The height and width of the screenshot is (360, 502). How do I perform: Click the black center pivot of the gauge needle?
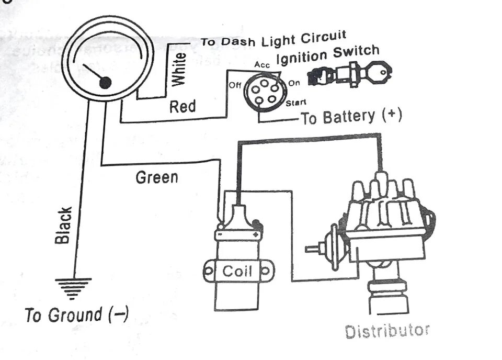pos(105,82)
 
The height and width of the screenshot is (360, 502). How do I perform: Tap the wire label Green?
pos(157,177)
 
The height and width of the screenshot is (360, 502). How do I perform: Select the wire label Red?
pos(182,107)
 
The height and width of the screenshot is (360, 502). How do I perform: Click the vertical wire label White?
pos(179,69)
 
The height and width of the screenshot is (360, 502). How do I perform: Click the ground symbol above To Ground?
pos(73,288)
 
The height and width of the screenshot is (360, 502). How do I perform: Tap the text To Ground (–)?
pos(76,316)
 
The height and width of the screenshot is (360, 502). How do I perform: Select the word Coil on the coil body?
pos(237,271)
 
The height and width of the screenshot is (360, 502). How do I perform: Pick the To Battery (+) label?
pos(351,117)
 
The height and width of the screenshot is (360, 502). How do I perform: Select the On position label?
pos(294,83)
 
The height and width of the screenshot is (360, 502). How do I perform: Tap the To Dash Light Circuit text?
pos(273,40)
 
